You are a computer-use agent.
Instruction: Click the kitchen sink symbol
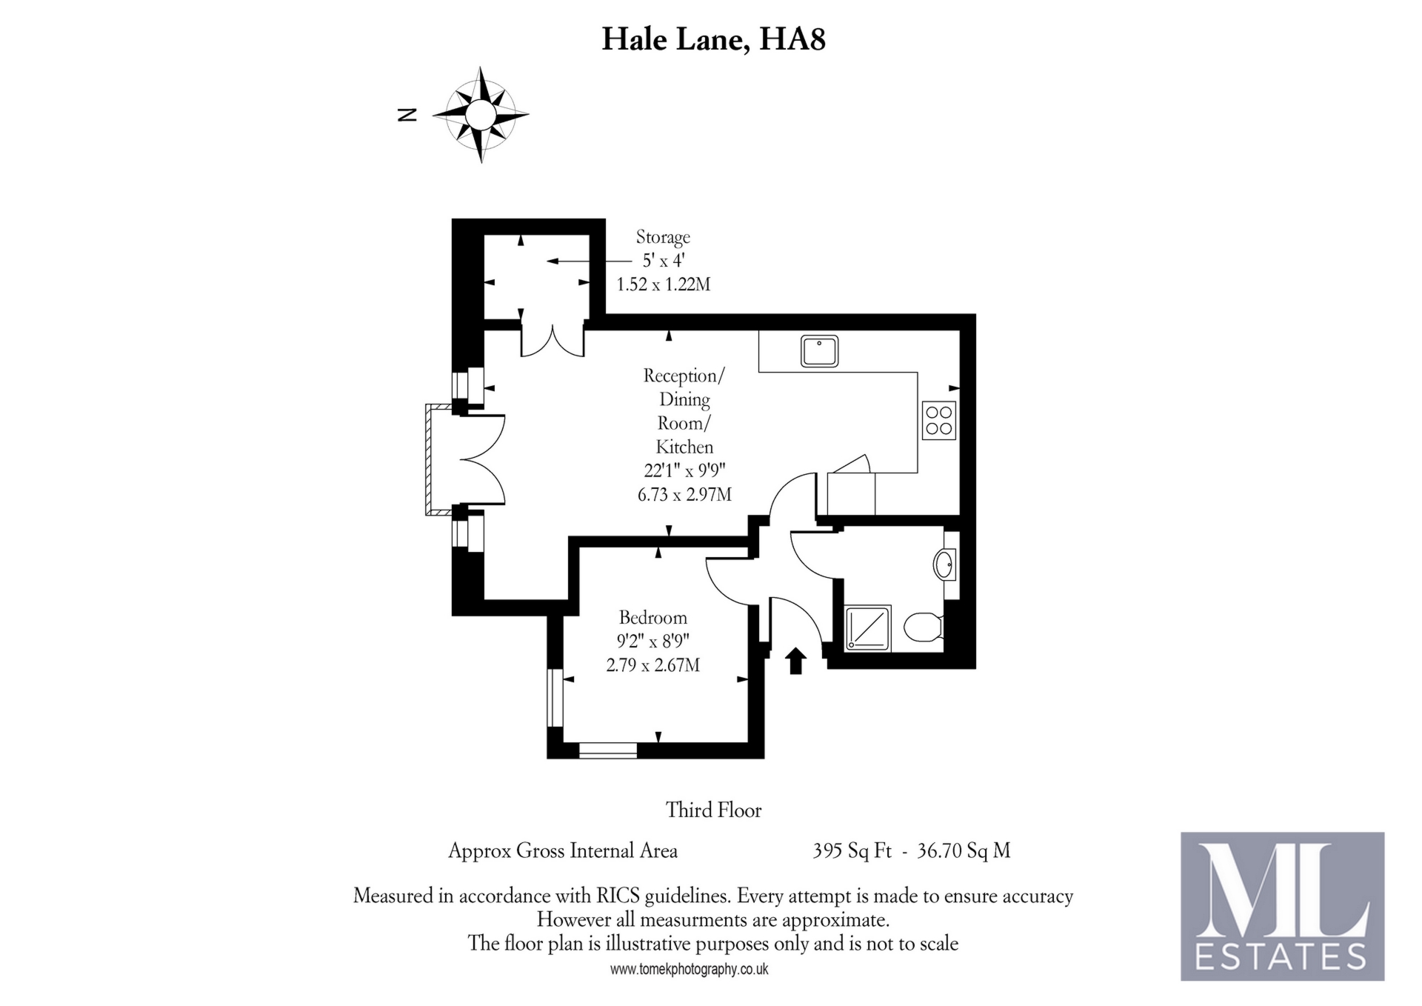(819, 351)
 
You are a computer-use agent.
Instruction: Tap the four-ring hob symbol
(938, 421)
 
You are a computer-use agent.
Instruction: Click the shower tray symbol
(868, 629)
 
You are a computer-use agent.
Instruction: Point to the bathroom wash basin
(944, 565)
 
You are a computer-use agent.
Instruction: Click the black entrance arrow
(795, 661)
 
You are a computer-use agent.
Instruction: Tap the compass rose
(481, 115)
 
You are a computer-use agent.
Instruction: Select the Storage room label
(663, 237)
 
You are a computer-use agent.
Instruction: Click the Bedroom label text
(652, 617)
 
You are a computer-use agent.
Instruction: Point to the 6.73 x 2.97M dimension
(684, 494)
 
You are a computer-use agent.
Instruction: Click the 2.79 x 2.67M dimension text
(652, 665)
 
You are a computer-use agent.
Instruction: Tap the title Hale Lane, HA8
(713, 39)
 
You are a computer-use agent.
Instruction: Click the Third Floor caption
(713, 810)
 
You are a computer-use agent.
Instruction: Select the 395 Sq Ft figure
(852, 850)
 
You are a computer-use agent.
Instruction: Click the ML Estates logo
(1281, 906)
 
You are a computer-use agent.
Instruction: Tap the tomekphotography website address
(689, 969)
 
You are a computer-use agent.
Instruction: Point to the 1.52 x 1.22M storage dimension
(663, 284)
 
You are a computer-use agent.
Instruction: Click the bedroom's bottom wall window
(607, 750)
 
